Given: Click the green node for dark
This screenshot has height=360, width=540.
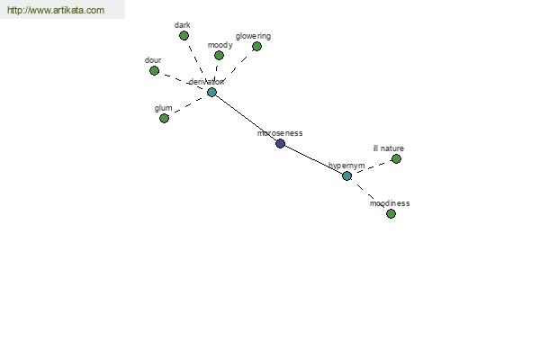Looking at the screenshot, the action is tap(184, 35).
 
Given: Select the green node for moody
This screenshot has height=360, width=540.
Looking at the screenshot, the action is tap(219, 55).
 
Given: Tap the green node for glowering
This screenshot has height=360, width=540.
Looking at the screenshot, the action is tap(256, 46).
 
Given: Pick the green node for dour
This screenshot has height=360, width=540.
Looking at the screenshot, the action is tap(154, 70).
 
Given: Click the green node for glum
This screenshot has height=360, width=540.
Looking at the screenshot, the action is tap(165, 119).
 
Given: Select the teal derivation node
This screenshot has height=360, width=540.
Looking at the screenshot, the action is tap(211, 92).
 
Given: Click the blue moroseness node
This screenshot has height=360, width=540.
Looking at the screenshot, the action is tap(280, 144).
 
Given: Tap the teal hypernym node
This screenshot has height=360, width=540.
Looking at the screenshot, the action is tap(346, 176).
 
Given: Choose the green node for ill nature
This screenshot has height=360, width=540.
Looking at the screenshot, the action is tap(396, 158).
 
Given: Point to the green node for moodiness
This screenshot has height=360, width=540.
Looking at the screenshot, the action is tap(391, 214).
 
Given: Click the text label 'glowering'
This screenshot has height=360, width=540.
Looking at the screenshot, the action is tap(253, 37).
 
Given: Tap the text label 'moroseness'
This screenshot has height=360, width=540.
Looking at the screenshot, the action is tap(280, 133).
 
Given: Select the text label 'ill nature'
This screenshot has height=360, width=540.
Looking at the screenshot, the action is tap(389, 148).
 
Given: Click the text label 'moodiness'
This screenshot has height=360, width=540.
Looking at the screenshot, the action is tap(390, 203).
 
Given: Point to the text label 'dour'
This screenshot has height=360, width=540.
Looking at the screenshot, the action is tap(153, 60).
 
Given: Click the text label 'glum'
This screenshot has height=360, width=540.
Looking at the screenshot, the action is tap(163, 109).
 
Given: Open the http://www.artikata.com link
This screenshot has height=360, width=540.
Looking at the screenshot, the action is tap(56, 10).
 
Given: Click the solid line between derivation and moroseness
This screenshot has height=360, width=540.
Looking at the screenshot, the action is tap(247, 118).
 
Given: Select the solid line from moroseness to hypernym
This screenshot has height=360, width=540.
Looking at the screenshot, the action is tap(313, 160).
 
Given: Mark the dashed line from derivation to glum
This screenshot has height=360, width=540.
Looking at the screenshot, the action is tap(188, 105).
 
